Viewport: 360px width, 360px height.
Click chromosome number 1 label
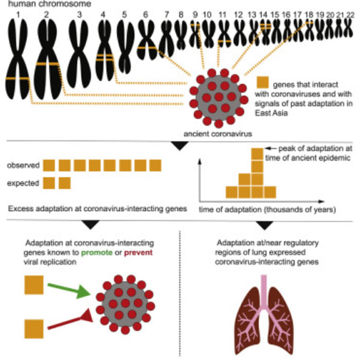pos(18,14)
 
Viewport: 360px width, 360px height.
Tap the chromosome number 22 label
pos(350,14)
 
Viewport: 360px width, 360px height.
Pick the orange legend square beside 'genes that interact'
pos(263,83)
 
